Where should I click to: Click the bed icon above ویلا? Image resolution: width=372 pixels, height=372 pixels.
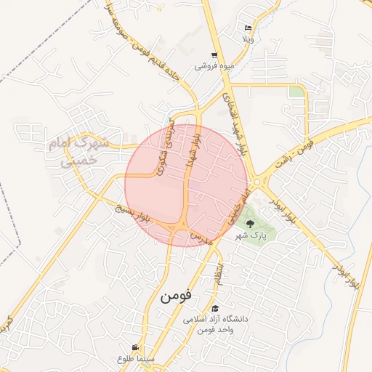click(248, 27)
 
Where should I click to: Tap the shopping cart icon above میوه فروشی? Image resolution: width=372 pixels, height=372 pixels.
click(214, 55)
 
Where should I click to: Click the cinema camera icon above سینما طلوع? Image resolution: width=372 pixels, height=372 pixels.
click(134, 347)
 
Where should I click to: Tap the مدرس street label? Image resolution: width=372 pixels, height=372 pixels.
click(200, 238)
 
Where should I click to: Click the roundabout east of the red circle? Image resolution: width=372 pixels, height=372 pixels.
click(259, 181)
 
